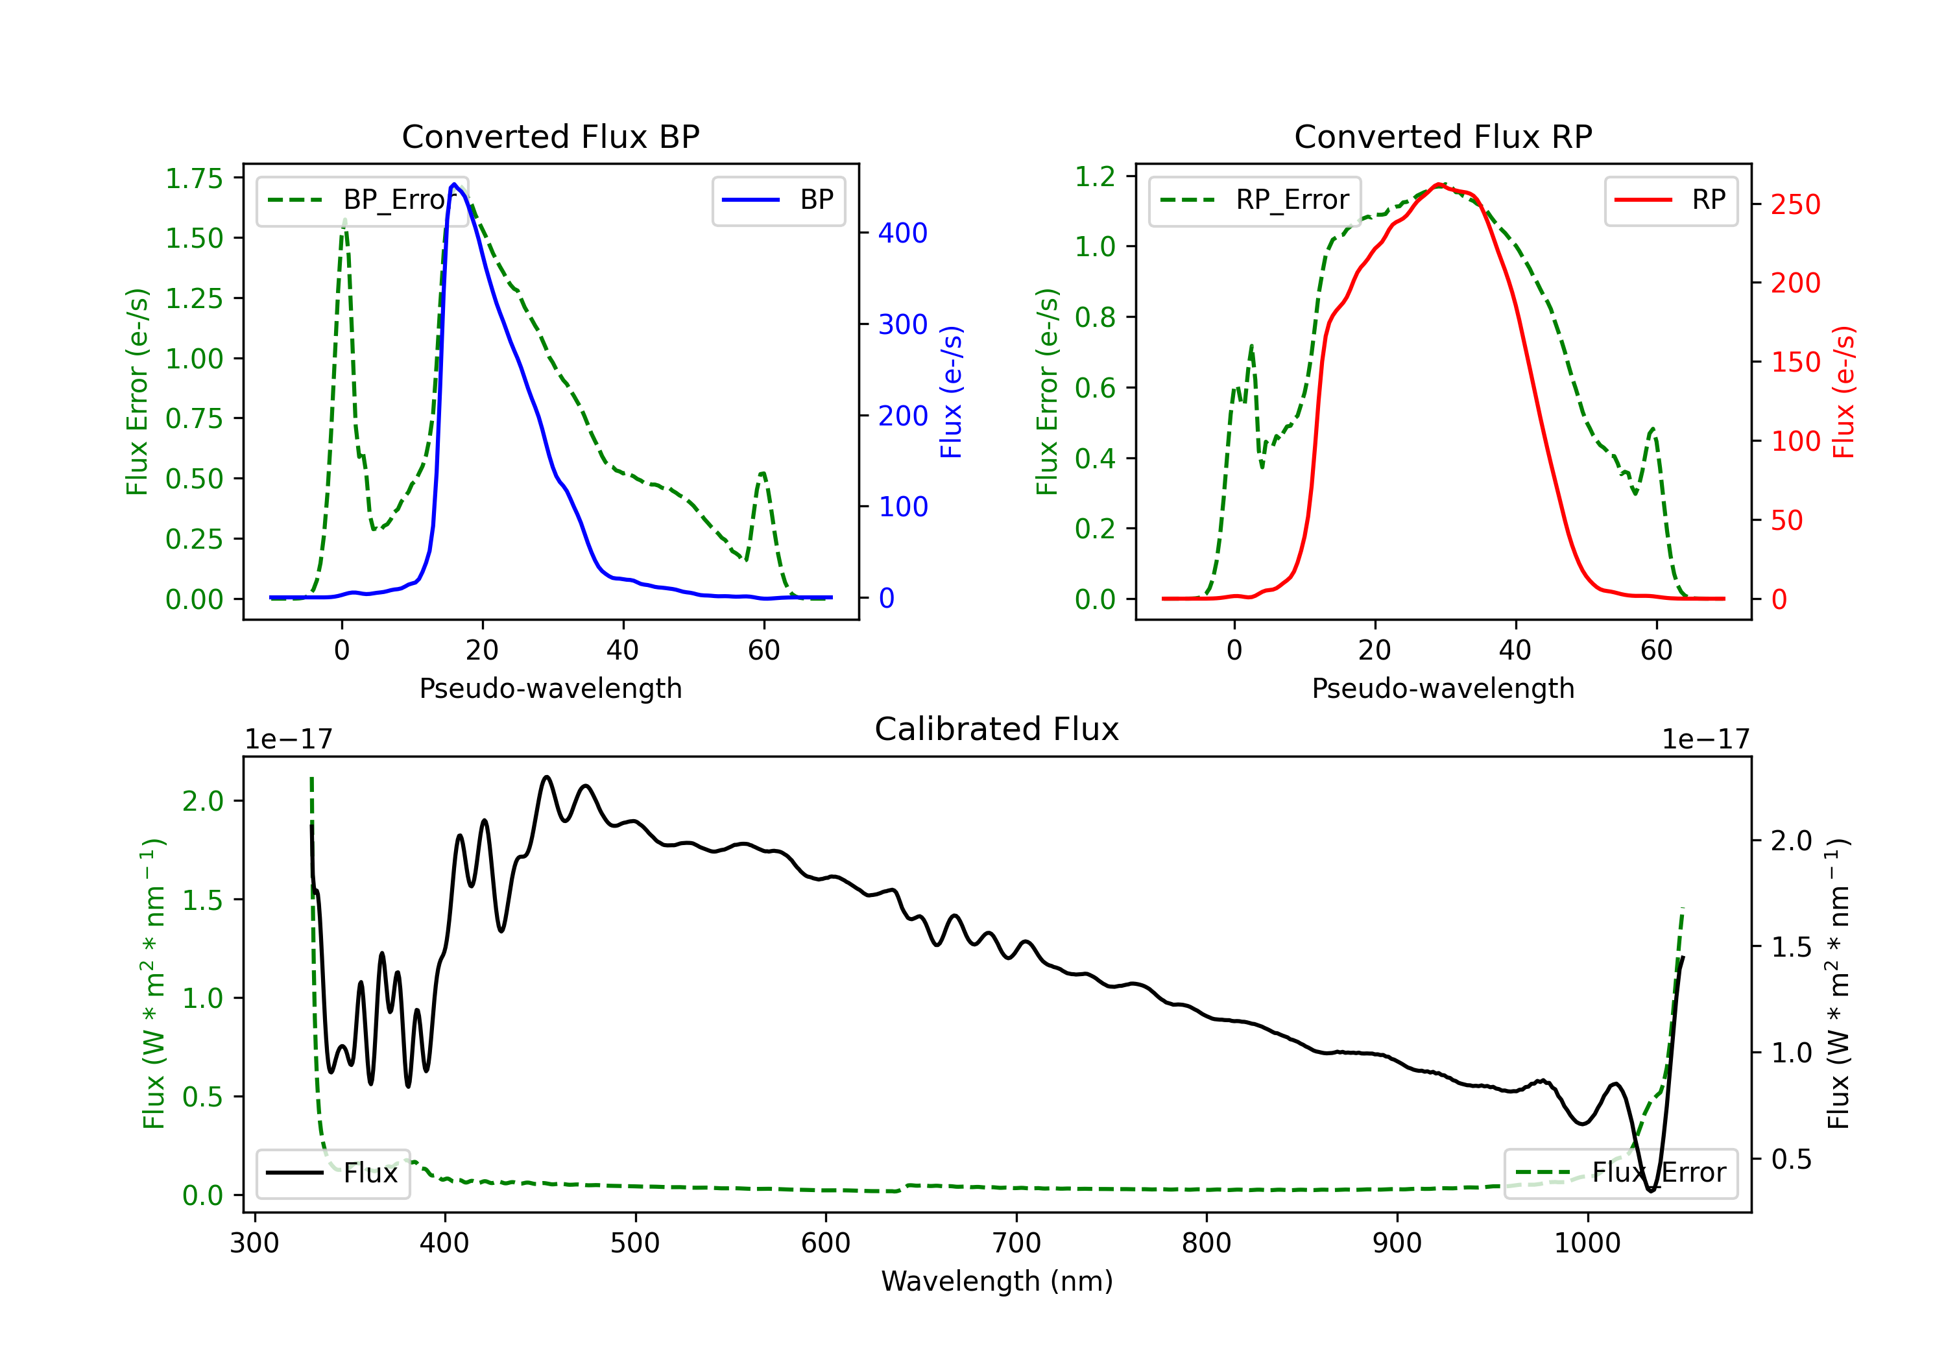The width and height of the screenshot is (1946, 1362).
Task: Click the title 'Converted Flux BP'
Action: pyautogui.click(x=550, y=136)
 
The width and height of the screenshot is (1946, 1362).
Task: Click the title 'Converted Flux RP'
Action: pyautogui.click(x=1443, y=136)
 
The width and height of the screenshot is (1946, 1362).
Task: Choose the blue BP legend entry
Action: pyautogui.click(x=778, y=200)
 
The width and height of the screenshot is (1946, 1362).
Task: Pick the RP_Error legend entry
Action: pyautogui.click(x=1255, y=200)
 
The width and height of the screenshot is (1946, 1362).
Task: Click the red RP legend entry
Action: pyautogui.click(x=1670, y=200)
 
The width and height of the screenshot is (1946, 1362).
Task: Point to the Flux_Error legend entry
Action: pyautogui.click(x=1620, y=1173)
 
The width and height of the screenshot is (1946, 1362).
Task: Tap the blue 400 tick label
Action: pyautogui.click(x=903, y=233)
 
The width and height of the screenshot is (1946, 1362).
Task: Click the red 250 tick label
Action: pyautogui.click(x=1795, y=204)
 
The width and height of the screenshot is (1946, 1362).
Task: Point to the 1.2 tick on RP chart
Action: pyautogui.click(x=1095, y=176)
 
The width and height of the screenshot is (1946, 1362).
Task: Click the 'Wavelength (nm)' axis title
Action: pyautogui.click(x=997, y=1281)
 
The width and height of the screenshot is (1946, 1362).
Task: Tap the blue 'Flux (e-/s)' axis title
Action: pyautogui.click(x=951, y=392)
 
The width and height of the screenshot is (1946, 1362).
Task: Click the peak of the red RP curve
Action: pyautogui.click(x=1438, y=185)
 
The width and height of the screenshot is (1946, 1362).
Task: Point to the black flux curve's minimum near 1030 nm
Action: pyautogui.click(x=1651, y=1191)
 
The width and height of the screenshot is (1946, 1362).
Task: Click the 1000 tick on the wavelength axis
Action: pyautogui.click(x=1587, y=1243)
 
